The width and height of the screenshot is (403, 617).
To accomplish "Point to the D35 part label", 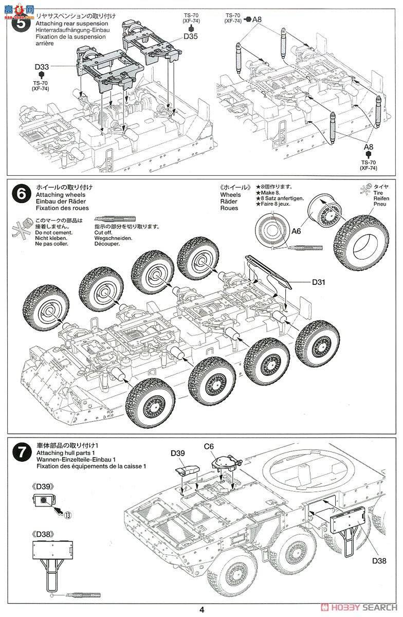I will [190, 37].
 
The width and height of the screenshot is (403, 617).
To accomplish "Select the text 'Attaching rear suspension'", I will [72, 24].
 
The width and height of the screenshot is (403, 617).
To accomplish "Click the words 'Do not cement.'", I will [54, 233].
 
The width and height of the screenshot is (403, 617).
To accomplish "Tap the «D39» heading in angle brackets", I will [42, 485].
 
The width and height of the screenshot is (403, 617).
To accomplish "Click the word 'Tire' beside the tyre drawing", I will [378, 193].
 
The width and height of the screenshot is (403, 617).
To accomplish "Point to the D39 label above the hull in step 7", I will [178, 453].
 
